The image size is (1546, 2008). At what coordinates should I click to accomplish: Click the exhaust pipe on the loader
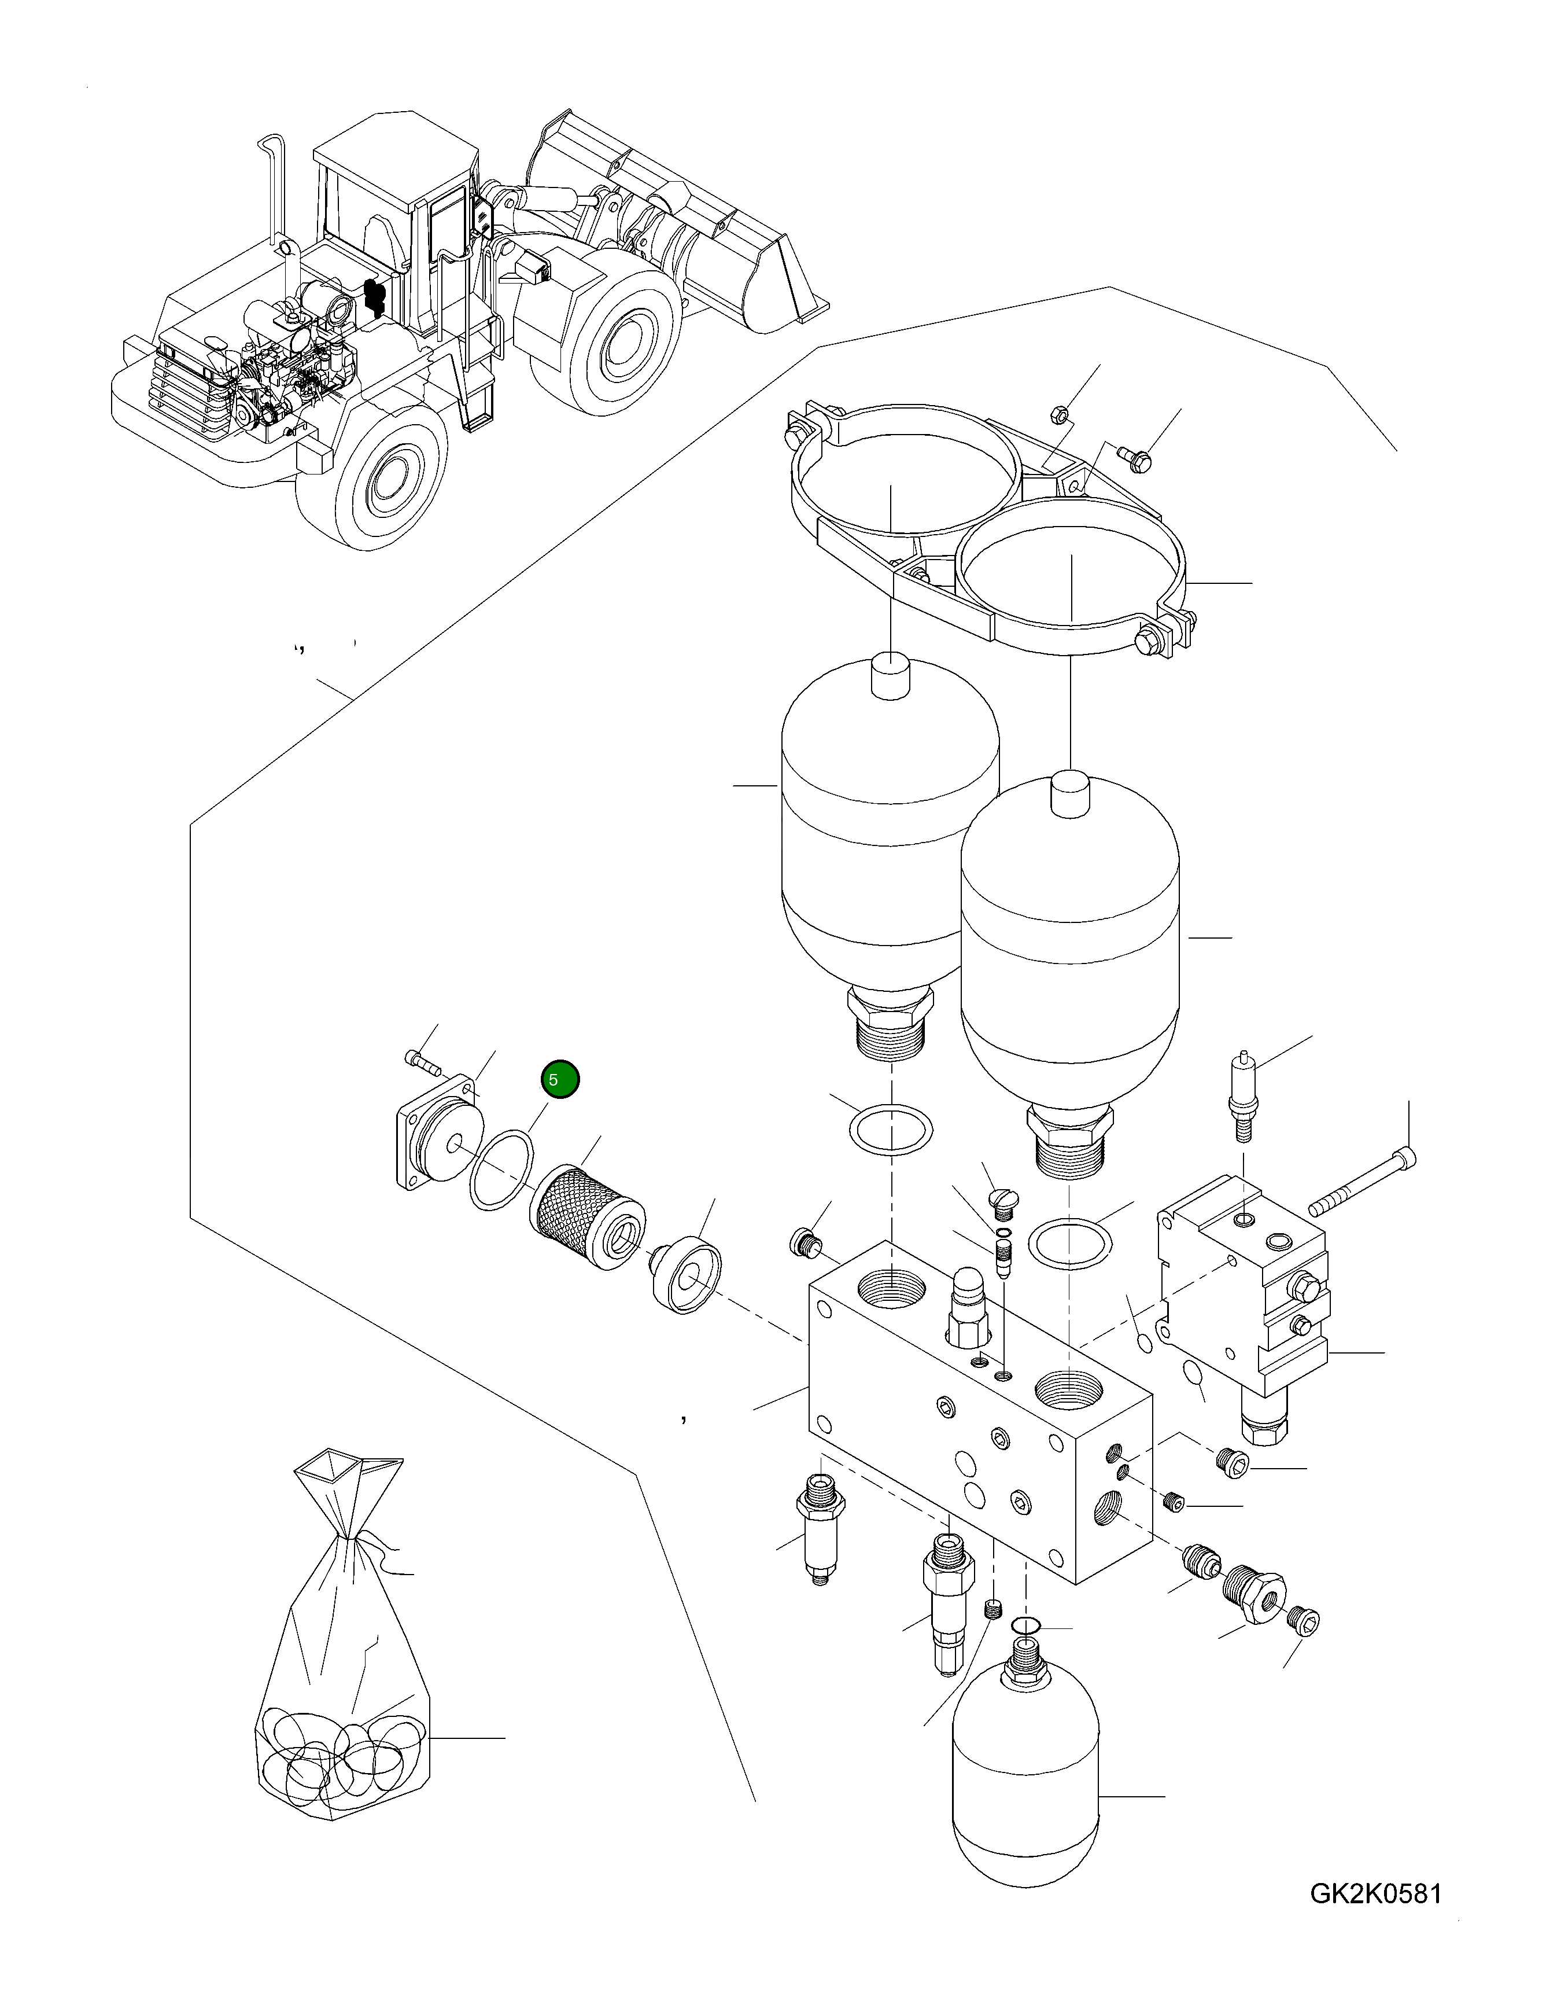275,193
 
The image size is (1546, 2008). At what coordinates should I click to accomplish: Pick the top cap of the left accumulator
890,676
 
